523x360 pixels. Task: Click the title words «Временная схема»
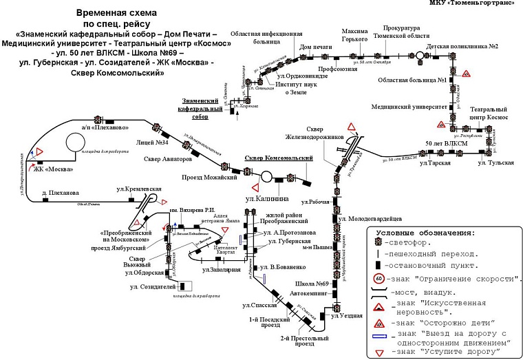(x=116, y=12)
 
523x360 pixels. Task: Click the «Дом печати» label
(x=316, y=47)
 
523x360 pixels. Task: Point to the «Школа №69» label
(x=310, y=284)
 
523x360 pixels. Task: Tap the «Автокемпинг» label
(x=307, y=293)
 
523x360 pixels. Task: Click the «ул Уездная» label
(x=346, y=315)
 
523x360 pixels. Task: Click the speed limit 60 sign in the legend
(x=378, y=279)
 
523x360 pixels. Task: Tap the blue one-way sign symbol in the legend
(x=380, y=336)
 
